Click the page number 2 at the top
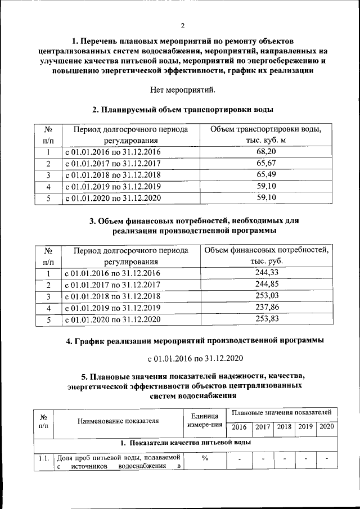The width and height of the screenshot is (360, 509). pos(182,26)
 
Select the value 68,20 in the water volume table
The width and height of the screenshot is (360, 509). pos(265,152)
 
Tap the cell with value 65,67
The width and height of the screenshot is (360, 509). pos(265,163)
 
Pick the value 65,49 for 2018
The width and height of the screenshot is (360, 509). pos(265,175)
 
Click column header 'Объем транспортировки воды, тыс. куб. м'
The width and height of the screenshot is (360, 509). pos(265,134)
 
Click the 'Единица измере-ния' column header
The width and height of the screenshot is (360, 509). pos(205,420)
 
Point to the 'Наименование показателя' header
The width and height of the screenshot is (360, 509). pos(118,420)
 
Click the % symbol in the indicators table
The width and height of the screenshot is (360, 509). pos(205,458)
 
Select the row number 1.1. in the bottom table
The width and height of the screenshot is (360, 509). pos(43,458)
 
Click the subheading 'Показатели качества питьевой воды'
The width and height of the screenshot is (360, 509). pos(185,443)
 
